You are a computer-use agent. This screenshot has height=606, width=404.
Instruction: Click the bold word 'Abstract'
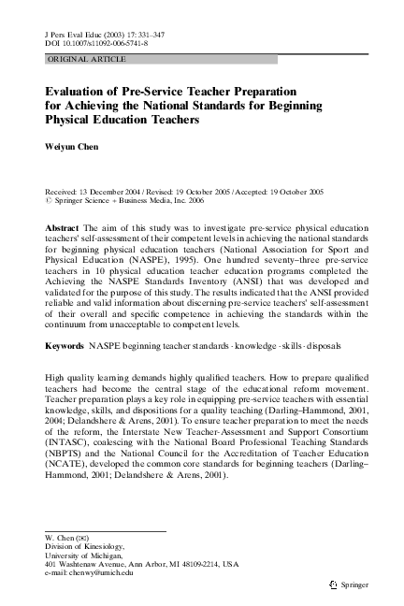(x=62, y=227)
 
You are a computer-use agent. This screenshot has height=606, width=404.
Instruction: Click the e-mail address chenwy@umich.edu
(x=89, y=573)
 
